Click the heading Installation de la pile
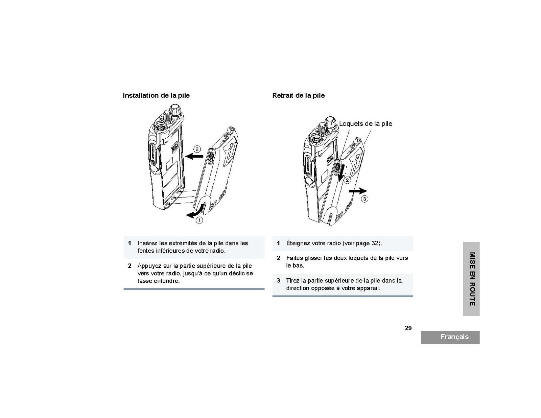pos(156,95)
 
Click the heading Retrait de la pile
pos(298,95)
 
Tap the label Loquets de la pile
pos(366,124)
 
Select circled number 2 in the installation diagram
pos(197,149)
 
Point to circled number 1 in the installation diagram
pos(199,220)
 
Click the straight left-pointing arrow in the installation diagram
pos(194,157)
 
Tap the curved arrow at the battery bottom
pos(196,212)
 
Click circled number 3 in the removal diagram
pos(364,199)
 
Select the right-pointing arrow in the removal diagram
pos(358,191)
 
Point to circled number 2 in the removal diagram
pos(347,180)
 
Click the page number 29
pos(408,328)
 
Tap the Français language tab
pos(450,337)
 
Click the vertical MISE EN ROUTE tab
pos(471,279)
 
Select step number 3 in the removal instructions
pos(278,281)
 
